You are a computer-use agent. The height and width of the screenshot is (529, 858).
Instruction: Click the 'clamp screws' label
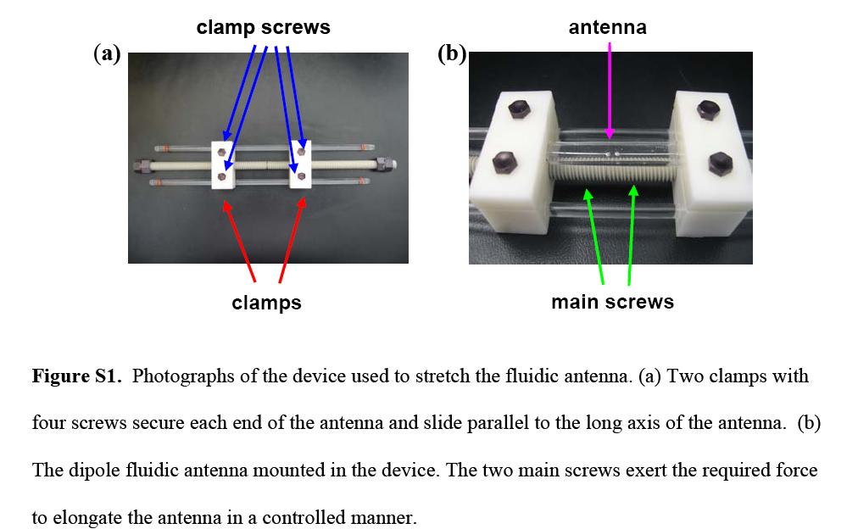263,27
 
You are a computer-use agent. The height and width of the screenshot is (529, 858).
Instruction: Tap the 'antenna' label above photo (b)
607,27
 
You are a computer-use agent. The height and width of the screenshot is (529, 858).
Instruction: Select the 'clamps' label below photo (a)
266,303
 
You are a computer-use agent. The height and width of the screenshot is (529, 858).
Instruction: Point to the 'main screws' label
612,302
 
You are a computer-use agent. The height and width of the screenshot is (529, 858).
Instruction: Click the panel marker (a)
107,53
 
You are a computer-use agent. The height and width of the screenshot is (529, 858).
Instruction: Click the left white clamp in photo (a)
222,165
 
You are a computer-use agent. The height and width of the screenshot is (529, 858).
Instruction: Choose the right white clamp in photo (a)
300,165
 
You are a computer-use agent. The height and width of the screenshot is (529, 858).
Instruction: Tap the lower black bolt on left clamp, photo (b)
502,160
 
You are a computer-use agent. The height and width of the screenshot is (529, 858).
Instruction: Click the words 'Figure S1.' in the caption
77,376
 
